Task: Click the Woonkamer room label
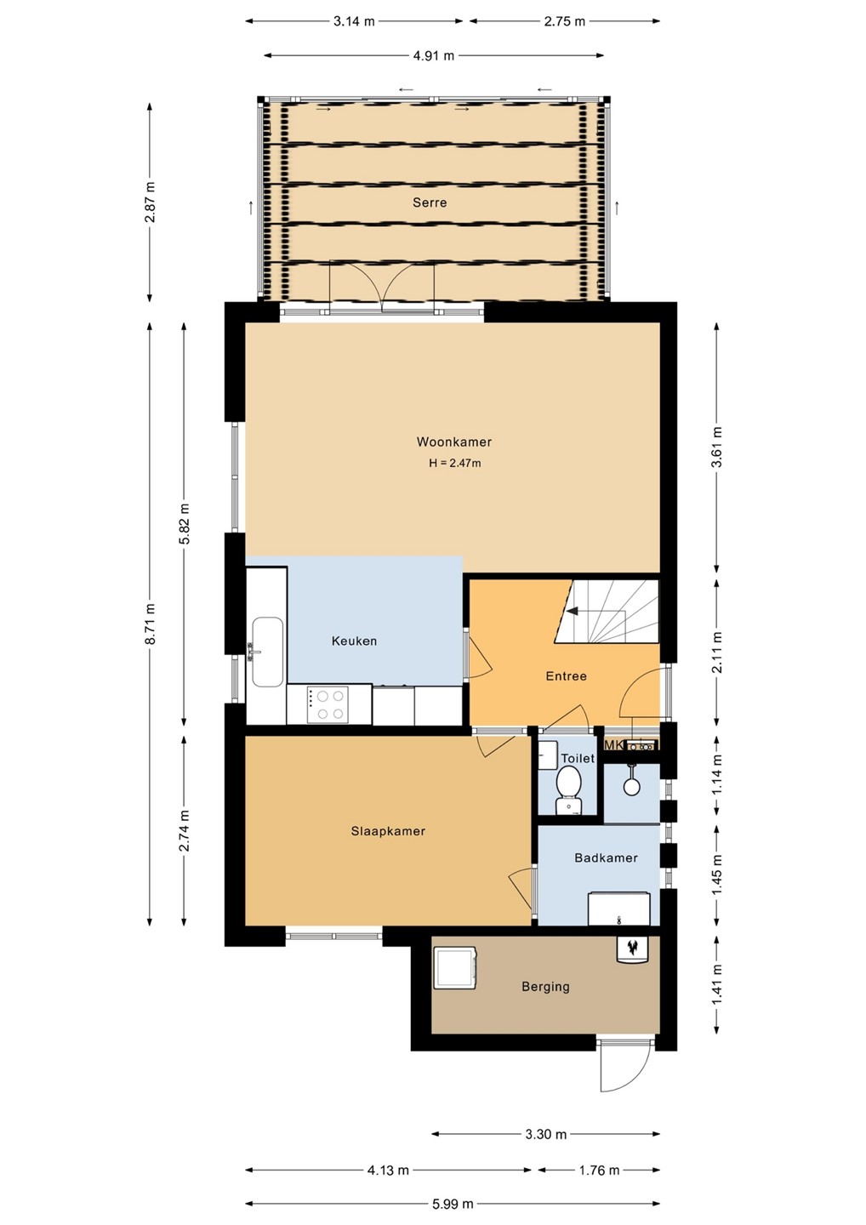[453, 442]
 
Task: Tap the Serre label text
[430, 202]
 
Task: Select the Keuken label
[354, 641]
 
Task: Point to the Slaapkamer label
[388, 830]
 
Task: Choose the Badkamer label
[606, 857]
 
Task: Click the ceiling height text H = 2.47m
[455, 463]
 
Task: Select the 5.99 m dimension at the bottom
[452, 1204]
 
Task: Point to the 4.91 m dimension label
[433, 55]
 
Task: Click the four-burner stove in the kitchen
[328, 704]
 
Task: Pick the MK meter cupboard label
[612, 745]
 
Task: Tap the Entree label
[566, 676]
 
